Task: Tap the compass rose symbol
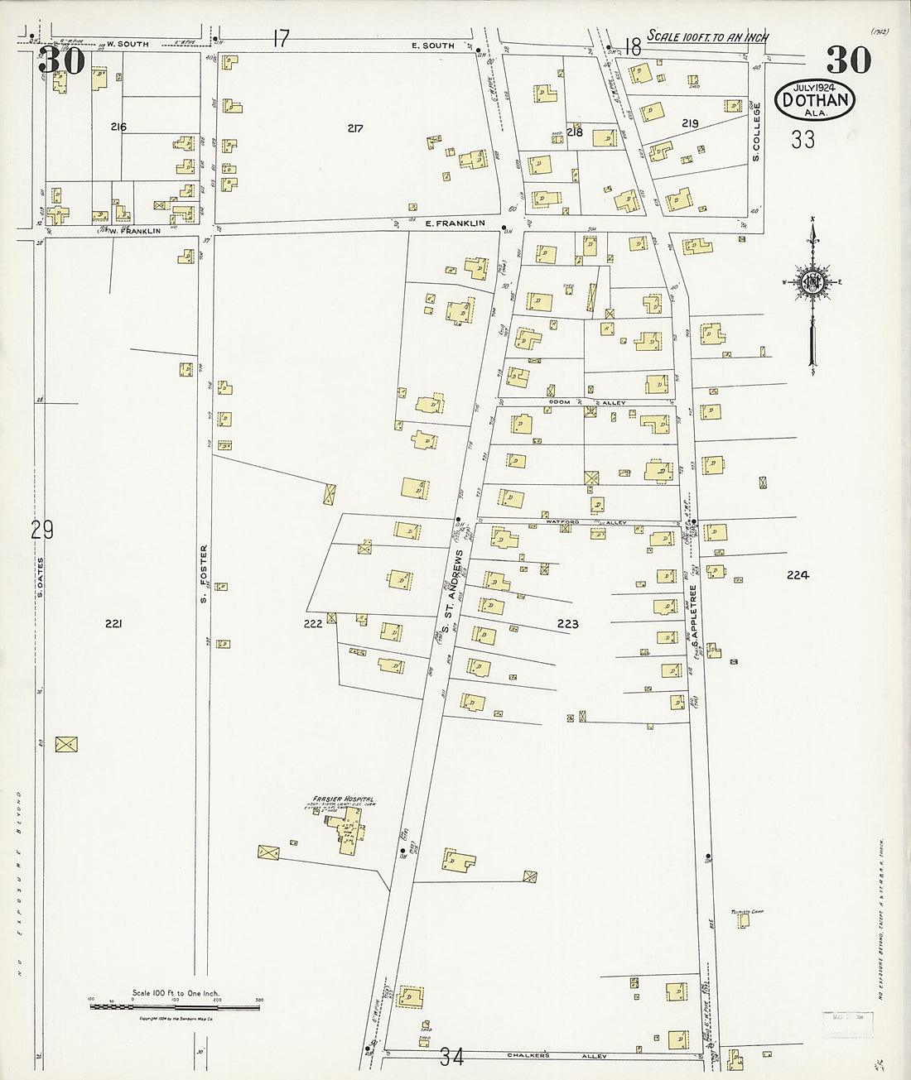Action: point(812,283)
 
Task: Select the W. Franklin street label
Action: point(133,231)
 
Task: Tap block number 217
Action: point(355,128)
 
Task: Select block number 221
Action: point(113,624)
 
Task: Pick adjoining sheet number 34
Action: point(452,1057)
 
